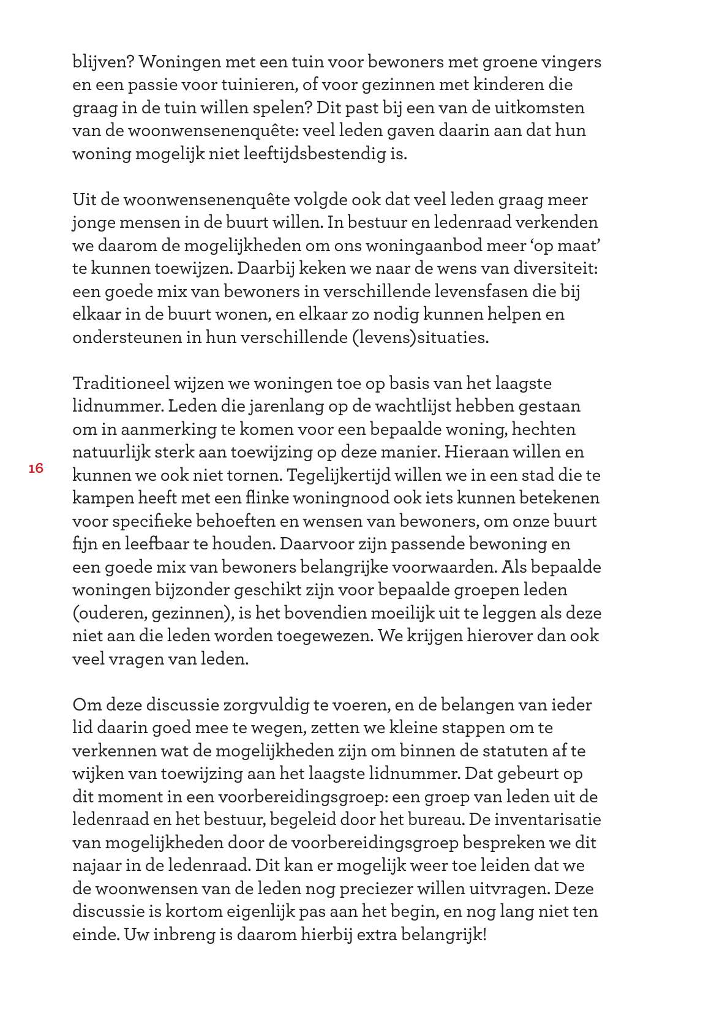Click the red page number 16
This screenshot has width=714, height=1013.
click(36, 469)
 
